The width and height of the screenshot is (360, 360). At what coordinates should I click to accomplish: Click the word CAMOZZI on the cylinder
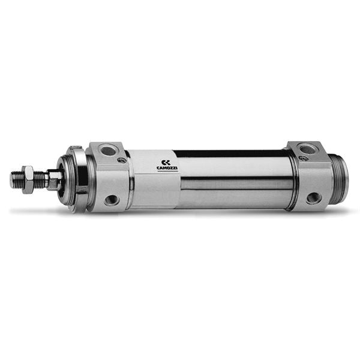(167, 168)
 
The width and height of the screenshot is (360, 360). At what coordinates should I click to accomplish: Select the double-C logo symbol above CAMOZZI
(166, 163)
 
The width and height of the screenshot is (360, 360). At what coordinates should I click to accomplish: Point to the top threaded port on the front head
(107, 149)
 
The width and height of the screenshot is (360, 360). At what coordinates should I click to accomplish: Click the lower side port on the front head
(112, 200)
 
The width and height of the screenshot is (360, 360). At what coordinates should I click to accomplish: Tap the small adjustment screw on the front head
(121, 160)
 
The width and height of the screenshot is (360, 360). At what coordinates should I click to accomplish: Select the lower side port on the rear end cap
(313, 198)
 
